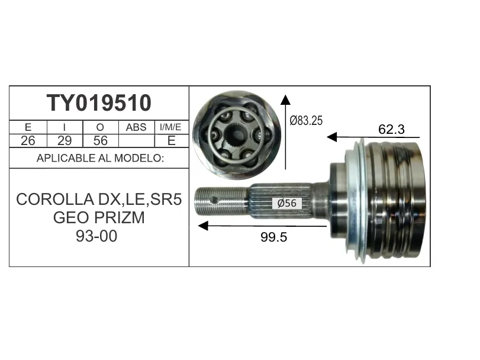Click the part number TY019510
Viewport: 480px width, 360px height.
(99, 103)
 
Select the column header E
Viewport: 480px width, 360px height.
(28, 127)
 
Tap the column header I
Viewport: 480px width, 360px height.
(65, 127)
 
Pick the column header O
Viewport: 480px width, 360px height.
(100, 127)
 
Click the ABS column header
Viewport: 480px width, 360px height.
(136, 127)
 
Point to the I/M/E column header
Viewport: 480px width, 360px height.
(171, 127)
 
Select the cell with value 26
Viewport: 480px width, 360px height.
(28, 141)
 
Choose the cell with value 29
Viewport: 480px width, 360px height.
(65, 141)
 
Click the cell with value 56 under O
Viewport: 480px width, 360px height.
(101, 141)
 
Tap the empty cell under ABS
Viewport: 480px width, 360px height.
(137, 141)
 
